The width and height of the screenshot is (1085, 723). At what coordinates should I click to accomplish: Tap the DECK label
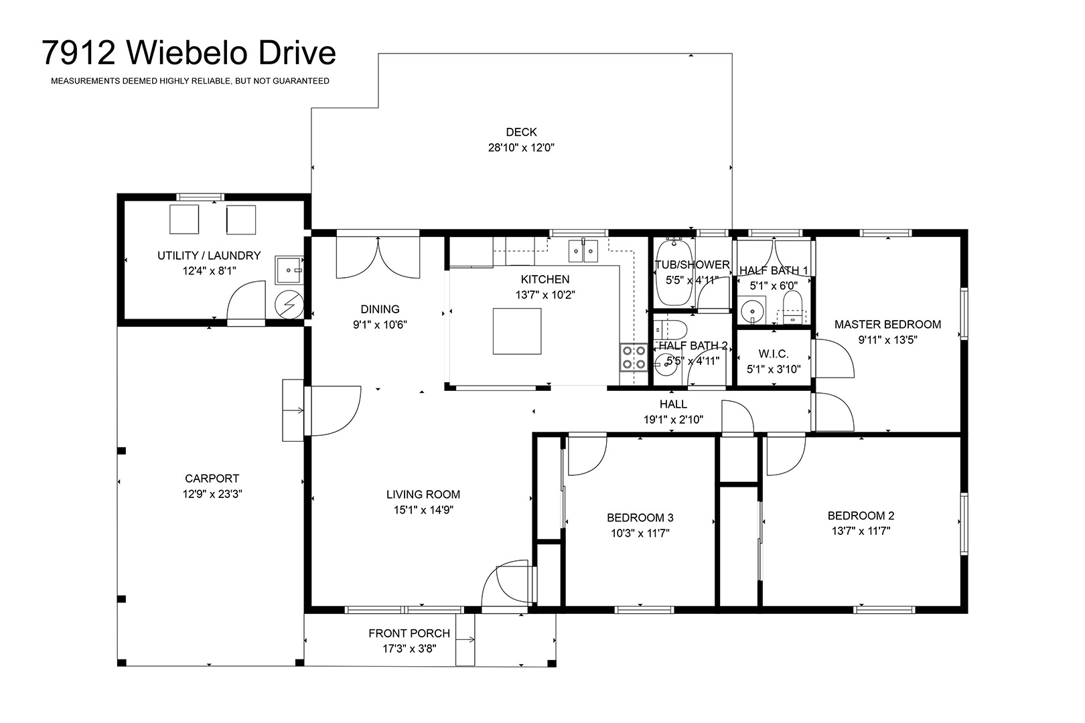(521, 132)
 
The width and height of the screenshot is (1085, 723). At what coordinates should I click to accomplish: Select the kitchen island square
(517, 331)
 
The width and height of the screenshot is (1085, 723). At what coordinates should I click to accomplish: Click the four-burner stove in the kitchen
(634, 357)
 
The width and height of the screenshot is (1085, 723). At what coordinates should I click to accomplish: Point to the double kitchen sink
(583, 251)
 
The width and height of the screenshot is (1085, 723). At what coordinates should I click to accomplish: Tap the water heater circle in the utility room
(289, 304)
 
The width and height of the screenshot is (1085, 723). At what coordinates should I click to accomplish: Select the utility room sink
(289, 270)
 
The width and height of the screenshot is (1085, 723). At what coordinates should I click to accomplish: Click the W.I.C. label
(774, 353)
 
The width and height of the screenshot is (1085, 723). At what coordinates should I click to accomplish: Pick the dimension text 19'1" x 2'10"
(673, 419)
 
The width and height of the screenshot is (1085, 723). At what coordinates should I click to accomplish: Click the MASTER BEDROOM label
(887, 325)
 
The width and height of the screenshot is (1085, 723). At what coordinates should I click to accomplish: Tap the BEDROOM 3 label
(640, 517)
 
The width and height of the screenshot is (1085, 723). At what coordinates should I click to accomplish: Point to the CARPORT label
(212, 479)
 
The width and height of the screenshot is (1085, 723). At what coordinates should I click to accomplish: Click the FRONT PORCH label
(409, 633)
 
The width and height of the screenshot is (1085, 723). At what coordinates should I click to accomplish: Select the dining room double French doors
(378, 256)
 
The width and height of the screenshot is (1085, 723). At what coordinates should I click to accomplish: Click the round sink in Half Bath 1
(751, 310)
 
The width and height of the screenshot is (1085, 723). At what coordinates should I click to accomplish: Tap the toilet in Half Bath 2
(671, 330)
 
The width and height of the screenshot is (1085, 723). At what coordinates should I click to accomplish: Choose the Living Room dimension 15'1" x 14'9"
(423, 510)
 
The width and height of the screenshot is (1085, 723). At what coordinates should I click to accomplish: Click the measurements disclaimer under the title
(190, 81)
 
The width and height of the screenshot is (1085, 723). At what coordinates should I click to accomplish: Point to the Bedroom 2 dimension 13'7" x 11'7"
(861, 531)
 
